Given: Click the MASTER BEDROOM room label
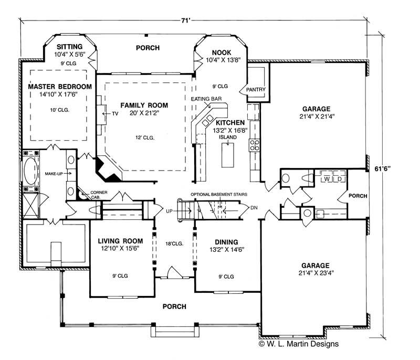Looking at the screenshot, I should click(x=60, y=86).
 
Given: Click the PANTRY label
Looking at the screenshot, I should click(x=256, y=90).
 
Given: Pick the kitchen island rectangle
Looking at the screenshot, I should click(x=229, y=155).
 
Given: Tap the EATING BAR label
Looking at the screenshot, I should click(x=206, y=99).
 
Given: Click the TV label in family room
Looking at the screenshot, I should click(x=115, y=113).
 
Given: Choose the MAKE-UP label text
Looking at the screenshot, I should click(x=54, y=173).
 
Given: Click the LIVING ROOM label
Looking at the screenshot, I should click(x=121, y=242).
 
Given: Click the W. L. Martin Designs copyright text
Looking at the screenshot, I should click(x=298, y=344).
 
